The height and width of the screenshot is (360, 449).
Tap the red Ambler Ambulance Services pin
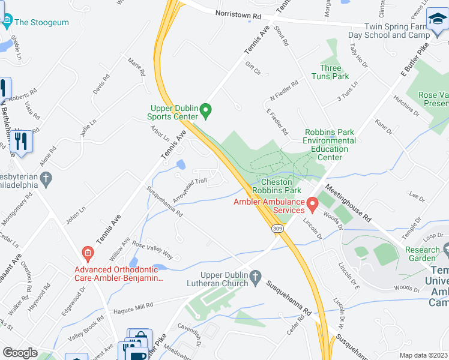point(312,205)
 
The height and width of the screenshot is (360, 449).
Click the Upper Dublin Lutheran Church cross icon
point(255,277)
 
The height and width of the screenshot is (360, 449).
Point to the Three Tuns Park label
point(330,72)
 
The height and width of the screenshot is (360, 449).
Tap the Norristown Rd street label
point(240,17)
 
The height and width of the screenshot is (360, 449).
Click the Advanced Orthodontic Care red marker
point(88,253)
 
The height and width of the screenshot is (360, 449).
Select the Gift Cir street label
point(253,71)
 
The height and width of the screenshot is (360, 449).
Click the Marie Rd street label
point(137,66)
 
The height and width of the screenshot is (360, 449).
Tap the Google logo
point(20,353)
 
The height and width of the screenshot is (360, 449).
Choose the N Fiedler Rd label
point(285,92)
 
